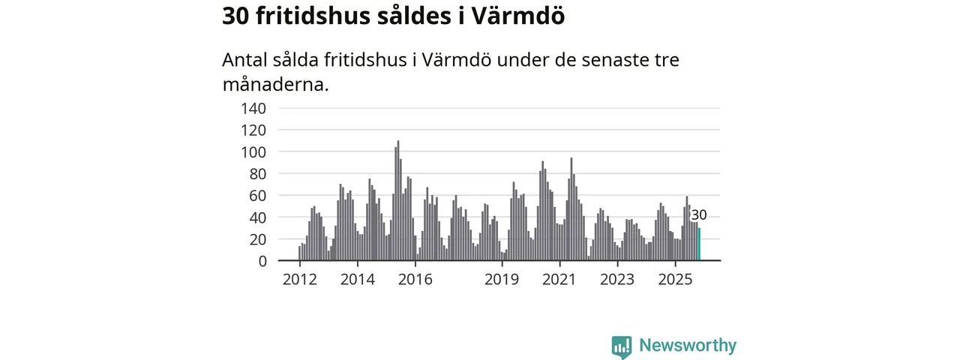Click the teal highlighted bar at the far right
point(699,244)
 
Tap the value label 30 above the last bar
point(699,216)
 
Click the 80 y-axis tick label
point(256,174)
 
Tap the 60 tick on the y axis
point(256,196)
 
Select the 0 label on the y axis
point(262,261)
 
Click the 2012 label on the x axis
point(300,280)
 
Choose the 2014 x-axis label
point(358,280)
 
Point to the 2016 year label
point(415,280)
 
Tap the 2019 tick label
point(502,280)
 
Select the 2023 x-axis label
point(618,280)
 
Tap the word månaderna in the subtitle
point(275,84)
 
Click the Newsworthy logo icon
point(621,346)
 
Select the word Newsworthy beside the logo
point(688,346)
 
